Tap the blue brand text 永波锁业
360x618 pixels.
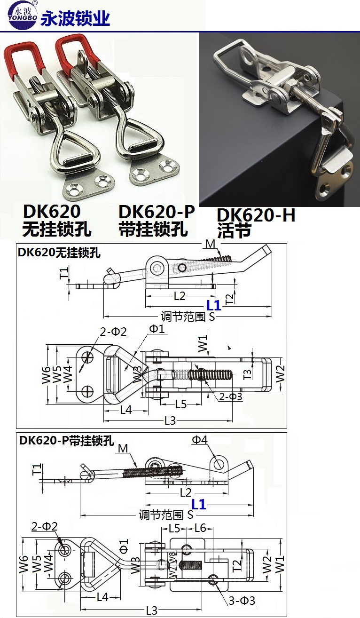tap(76, 18)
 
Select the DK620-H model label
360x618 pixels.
tap(256, 215)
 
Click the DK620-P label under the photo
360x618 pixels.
tap(157, 212)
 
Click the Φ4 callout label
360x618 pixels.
tap(199, 440)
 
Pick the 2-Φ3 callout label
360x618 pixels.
tap(231, 397)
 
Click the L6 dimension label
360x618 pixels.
tap(200, 528)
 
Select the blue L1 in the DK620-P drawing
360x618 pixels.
tap(199, 505)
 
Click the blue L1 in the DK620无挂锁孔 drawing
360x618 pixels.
tap(213, 305)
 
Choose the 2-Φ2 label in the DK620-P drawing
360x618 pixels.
tap(45, 527)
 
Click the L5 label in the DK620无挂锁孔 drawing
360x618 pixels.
tap(181, 404)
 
